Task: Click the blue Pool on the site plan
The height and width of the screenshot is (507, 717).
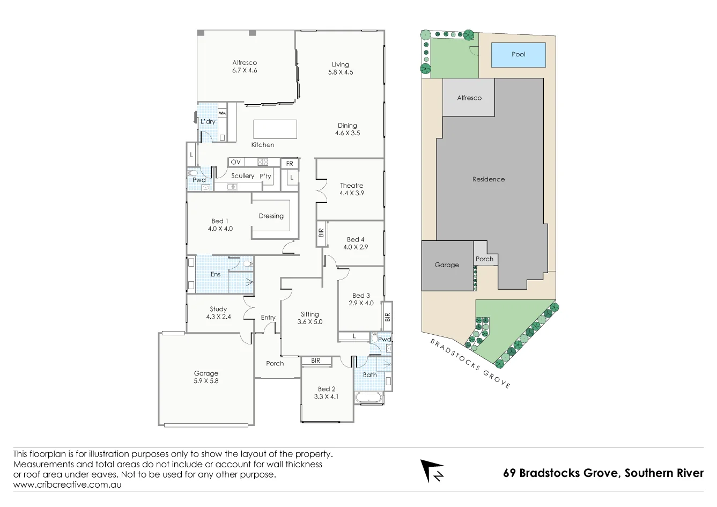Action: tap(518, 55)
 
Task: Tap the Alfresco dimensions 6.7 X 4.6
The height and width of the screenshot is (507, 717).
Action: tap(245, 70)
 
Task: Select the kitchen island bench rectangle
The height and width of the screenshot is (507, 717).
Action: tap(275, 129)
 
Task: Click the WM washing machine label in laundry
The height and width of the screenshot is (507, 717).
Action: tap(222, 113)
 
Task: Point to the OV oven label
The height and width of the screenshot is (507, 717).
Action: tap(236, 162)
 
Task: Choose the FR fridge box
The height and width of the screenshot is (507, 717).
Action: tap(290, 164)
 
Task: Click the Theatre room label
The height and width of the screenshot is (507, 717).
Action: tap(351, 186)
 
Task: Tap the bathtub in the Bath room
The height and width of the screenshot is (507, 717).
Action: tap(369, 398)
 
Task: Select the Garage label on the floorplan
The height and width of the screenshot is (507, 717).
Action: tap(206, 373)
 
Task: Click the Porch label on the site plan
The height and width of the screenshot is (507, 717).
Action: tap(484, 259)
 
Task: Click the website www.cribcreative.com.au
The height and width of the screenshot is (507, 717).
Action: tap(67, 484)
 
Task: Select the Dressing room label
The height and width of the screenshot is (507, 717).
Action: tap(271, 216)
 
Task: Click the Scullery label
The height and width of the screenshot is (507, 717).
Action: tap(242, 176)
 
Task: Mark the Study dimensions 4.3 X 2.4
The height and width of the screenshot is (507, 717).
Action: tap(218, 317)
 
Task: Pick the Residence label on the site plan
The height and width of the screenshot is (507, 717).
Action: tap(488, 179)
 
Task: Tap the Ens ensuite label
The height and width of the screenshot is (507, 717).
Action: tap(215, 274)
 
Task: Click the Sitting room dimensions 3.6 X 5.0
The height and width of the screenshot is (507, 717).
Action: tap(310, 322)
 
